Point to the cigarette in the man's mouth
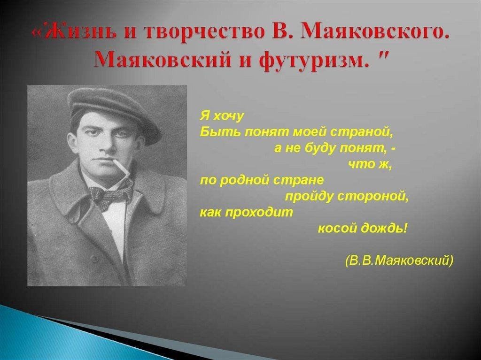pyautogui.click(x=122, y=168)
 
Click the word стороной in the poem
pyautogui.click(x=373, y=196)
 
